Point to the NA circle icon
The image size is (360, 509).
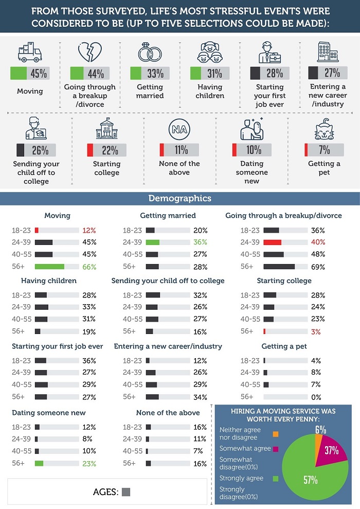point(179,129)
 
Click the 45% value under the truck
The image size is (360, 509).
point(38,74)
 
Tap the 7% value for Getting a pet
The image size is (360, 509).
point(324,150)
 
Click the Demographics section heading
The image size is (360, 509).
point(179,198)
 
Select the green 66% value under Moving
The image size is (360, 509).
point(89,267)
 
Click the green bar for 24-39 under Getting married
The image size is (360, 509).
point(153,242)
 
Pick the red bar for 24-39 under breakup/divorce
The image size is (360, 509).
point(272,242)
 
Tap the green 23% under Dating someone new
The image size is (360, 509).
point(89,463)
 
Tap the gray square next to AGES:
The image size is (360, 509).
point(126,492)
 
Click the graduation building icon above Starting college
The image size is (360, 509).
point(106,129)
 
